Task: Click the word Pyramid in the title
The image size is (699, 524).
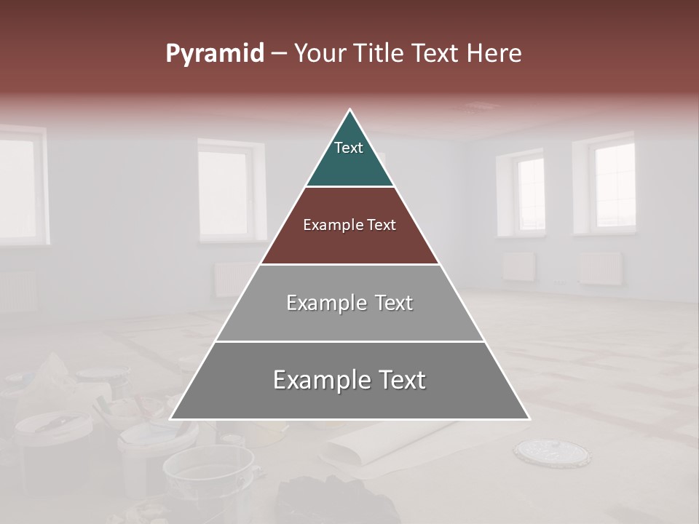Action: coord(214,54)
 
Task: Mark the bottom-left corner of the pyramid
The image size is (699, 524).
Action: coord(172,418)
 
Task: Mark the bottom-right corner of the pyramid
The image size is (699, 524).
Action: coord(529,418)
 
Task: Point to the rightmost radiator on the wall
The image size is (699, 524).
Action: coord(601,268)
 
